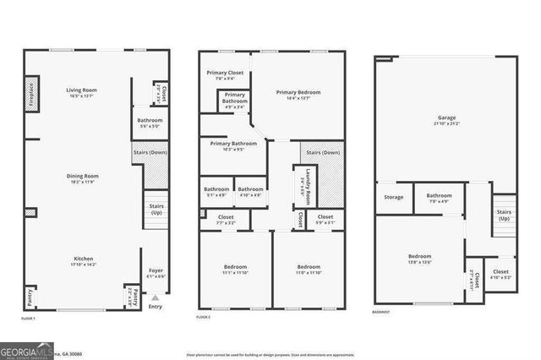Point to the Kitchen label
click(82, 259)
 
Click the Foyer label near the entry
click(155, 272)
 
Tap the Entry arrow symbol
click(155, 297)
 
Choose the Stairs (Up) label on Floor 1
click(156, 208)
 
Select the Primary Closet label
click(223, 74)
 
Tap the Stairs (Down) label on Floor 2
click(324, 153)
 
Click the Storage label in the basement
click(394, 198)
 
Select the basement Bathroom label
click(439, 198)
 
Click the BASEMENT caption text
click(381, 312)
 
